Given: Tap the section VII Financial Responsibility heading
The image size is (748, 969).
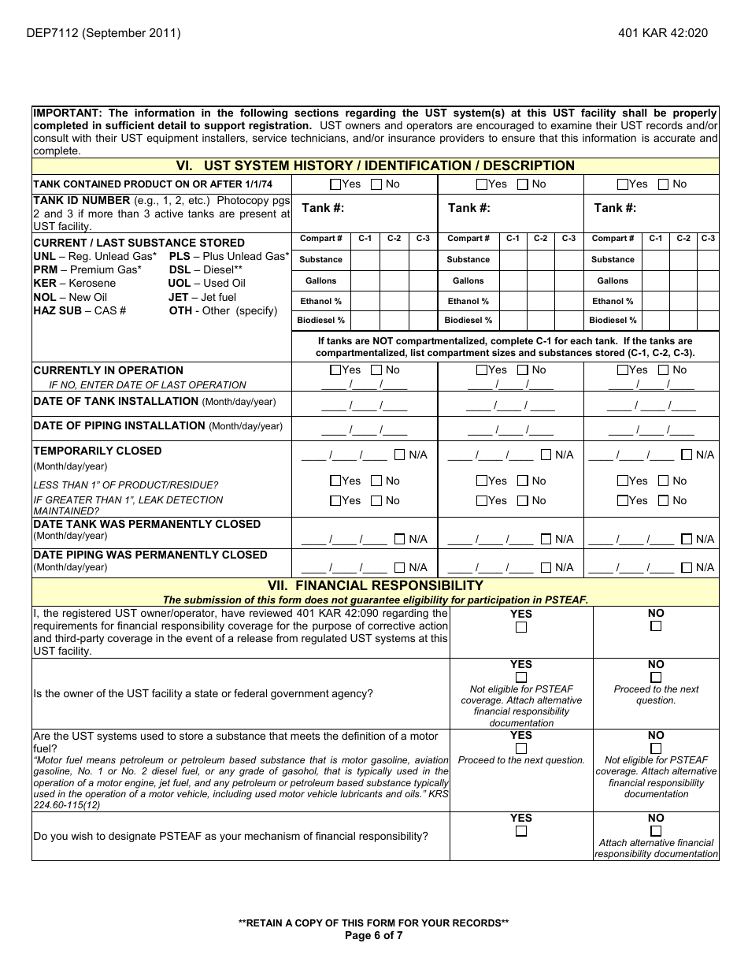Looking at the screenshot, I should click(x=375, y=585).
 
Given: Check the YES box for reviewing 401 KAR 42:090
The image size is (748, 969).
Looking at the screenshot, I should click(x=520, y=628).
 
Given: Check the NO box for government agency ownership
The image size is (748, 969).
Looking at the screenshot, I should click(x=656, y=678).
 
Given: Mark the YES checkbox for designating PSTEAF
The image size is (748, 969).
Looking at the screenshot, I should click(x=520, y=831).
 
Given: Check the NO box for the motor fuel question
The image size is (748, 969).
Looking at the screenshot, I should click(x=656, y=748).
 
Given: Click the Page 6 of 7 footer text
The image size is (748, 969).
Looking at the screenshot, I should click(x=374, y=936).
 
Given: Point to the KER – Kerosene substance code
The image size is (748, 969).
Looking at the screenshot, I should click(x=74, y=284).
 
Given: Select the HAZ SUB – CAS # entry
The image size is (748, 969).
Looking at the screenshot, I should click(x=80, y=310).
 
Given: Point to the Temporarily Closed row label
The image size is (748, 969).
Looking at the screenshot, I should click(x=97, y=451).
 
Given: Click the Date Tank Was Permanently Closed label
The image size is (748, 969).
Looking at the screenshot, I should click(x=146, y=524).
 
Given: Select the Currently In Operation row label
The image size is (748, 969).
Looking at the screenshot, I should click(x=108, y=370).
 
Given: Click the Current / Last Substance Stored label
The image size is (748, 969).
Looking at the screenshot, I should click(x=139, y=243).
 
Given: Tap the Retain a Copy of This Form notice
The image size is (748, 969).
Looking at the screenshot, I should click(x=374, y=923).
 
